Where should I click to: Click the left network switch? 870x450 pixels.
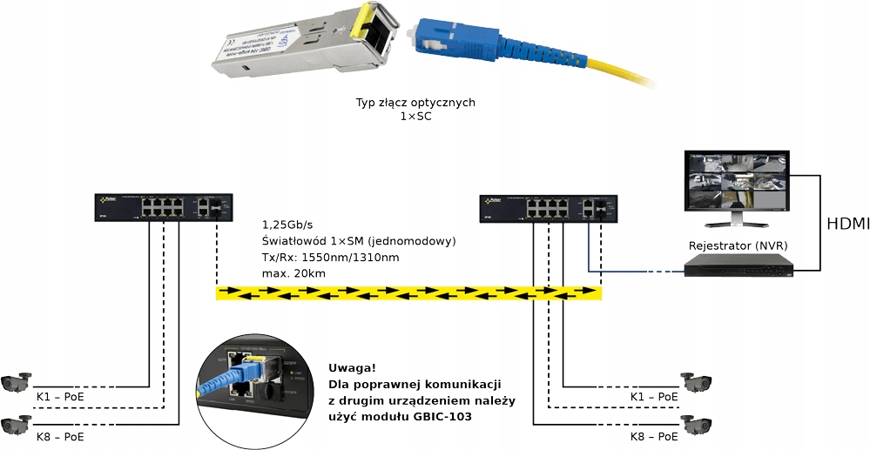(163, 206)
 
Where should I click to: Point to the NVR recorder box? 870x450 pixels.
(739, 265)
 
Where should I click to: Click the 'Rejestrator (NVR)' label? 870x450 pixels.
(738, 245)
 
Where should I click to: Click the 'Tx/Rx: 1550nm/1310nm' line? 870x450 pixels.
(330, 258)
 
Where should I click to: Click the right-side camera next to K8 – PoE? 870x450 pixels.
(698, 424)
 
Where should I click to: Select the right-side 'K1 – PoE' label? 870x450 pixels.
(654, 396)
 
